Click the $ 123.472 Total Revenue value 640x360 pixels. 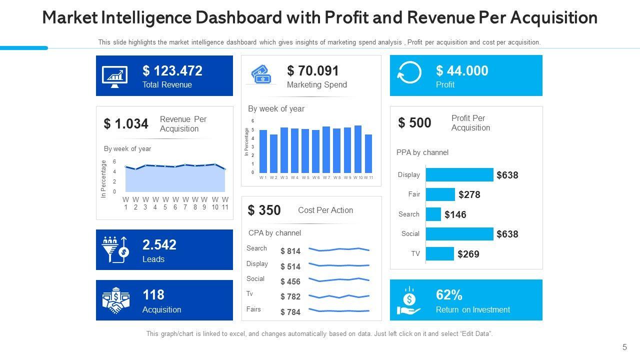pos(172,71)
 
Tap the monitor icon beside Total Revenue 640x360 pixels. pos(114,76)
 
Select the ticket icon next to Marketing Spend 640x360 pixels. pos(261,75)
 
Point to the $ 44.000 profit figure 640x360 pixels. pos(462,71)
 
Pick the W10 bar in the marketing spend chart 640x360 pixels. pos(358,149)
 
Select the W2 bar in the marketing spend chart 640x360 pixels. pos(273,153)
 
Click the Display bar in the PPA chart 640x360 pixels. pos(459,174)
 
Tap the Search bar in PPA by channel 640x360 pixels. pos(433,214)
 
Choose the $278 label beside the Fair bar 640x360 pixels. pos(469,195)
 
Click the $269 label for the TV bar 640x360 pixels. pos(468,254)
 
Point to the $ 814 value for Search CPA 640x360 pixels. pos(290,251)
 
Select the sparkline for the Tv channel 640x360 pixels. pos(339,296)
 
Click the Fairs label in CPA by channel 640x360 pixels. pos(253,309)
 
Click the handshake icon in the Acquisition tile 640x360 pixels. pos(115,300)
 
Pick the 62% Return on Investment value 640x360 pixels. pos(449,295)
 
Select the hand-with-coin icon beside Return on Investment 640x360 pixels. pos(409,300)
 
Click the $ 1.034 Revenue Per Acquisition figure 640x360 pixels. pos(126,124)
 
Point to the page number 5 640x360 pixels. pos(624,347)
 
